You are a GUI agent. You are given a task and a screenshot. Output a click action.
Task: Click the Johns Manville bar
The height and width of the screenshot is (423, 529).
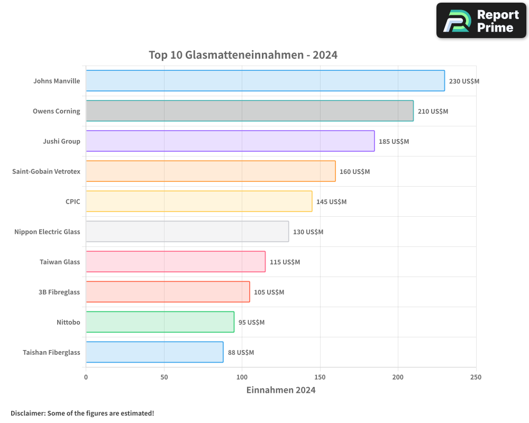point(265,81)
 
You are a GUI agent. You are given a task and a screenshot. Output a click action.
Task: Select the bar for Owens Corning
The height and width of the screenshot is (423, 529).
point(250,111)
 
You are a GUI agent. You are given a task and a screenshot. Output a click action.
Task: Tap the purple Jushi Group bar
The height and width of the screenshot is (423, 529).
point(230,141)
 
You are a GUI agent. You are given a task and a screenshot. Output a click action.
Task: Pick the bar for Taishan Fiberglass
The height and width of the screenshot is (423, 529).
point(154,352)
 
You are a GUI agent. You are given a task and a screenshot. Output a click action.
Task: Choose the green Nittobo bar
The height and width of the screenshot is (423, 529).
point(160,322)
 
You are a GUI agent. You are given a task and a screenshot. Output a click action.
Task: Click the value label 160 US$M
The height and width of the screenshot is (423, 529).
point(354,172)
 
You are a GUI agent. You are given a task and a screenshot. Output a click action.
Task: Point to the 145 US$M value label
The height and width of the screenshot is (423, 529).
point(331,202)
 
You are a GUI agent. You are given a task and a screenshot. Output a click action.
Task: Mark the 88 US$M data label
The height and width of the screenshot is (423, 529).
point(241,353)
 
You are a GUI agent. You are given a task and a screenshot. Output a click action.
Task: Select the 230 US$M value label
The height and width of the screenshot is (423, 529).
point(464,81)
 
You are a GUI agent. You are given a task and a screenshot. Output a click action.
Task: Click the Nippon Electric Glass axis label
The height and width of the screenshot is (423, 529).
point(47,232)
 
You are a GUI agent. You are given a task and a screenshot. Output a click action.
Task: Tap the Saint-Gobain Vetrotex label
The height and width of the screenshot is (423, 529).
point(46,171)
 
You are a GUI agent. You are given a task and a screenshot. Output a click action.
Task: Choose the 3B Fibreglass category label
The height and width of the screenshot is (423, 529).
point(59,292)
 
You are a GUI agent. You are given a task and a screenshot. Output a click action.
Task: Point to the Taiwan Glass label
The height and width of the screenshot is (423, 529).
point(60,262)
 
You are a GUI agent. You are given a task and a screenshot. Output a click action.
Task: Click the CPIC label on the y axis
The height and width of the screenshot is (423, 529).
point(72,201)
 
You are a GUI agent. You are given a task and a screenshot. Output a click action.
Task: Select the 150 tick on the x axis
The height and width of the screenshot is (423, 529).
point(320,378)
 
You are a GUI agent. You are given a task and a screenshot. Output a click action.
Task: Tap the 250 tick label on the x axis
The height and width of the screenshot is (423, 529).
point(476,378)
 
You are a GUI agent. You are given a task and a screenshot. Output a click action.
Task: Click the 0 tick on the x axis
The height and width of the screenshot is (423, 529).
point(86,378)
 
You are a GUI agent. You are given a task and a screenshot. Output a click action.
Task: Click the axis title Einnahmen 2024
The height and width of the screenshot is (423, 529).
point(281,390)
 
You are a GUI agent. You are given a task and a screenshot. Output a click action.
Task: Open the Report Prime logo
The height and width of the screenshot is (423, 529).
point(481,21)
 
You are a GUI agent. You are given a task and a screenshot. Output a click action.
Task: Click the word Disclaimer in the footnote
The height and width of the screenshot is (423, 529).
point(27,413)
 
